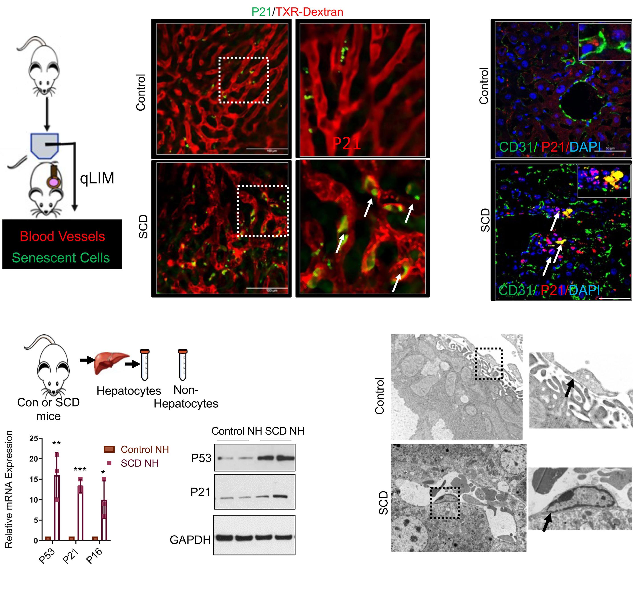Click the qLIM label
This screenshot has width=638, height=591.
(x=97, y=178)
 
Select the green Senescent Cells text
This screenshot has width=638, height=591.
(x=61, y=258)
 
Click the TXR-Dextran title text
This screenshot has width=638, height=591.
(x=309, y=12)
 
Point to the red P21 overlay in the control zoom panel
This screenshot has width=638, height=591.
(x=346, y=143)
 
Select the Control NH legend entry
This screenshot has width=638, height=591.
(x=145, y=449)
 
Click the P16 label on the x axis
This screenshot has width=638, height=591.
(x=94, y=556)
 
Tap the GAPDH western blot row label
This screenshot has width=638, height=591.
(x=190, y=540)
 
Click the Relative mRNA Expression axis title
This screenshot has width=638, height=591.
(x=9, y=489)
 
